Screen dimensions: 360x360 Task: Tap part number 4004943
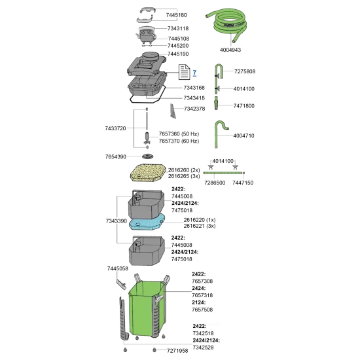pyautogui.click(x=230, y=50)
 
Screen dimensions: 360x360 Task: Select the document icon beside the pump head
pyautogui.click(x=185, y=72)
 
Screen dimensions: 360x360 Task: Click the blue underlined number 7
pyautogui.click(x=194, y=73)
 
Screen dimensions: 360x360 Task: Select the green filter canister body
pyautogui.click(x=147, y=307)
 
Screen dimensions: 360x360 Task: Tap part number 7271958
pyautogui.click(x=177, y=351)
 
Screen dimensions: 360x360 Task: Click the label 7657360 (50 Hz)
pyautogui.click(x=179, y=134)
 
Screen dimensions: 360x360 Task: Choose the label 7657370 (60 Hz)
pyautogui.click(x=179, y=141)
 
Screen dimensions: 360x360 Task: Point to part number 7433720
pyautogui.click(x=115, y=128)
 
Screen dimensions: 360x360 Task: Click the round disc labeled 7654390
pyautogui.click(x=148, y=156)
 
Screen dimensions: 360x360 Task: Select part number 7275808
pyautogui.click(x=245, y=71)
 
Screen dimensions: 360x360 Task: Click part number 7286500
pyautogui.click(x=215, y=183)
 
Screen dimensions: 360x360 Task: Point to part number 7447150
pyautogui.click(x=243, y=183)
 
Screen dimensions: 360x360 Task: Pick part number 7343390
pyautogui.click(x=117, y=221)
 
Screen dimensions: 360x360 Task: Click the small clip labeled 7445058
pyautogui.click(x=122, y=285)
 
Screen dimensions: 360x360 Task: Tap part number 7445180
pyautogui.click(x=177, y=15)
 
